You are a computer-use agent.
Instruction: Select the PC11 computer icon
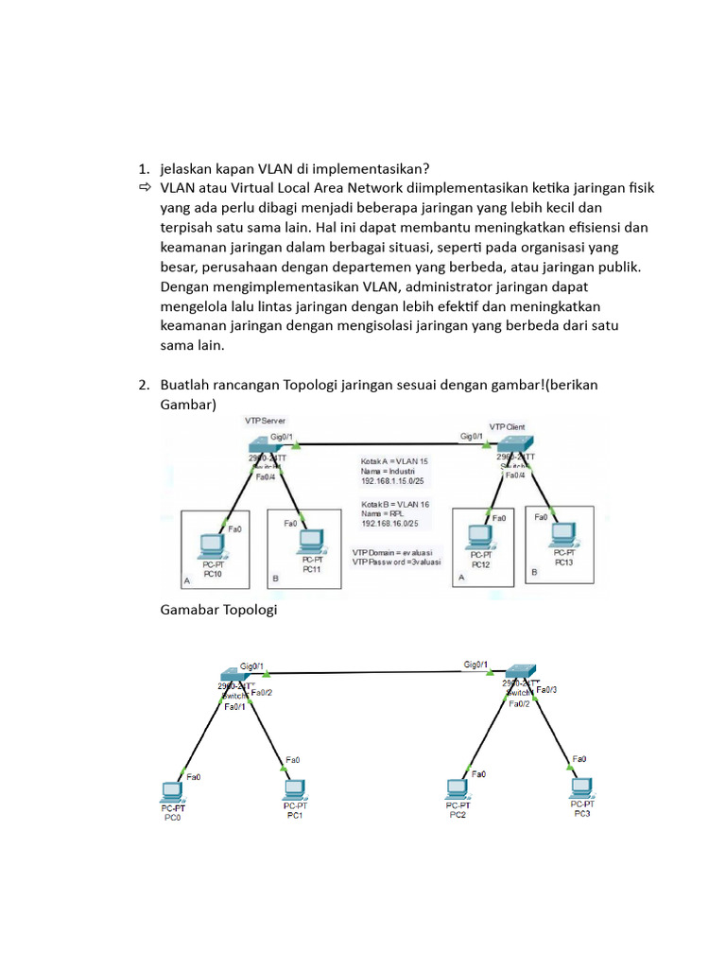[x=309, y=540]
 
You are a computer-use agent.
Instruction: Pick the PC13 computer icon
[x=565, y=534]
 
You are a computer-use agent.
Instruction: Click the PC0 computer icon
[x=172, y=791]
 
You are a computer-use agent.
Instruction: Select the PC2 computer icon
[x=458, y=788]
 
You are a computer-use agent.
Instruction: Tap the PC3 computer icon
[x=580, y=786]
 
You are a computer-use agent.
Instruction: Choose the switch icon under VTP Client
[x=517, y=443]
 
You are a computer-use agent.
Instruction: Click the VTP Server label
[x=266, y=421]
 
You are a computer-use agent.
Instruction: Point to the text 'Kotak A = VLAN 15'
[x=394, y=461]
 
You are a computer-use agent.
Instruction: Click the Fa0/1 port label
[x=235, y=706]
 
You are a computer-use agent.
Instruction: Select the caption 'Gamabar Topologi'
[x=218, y=611]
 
